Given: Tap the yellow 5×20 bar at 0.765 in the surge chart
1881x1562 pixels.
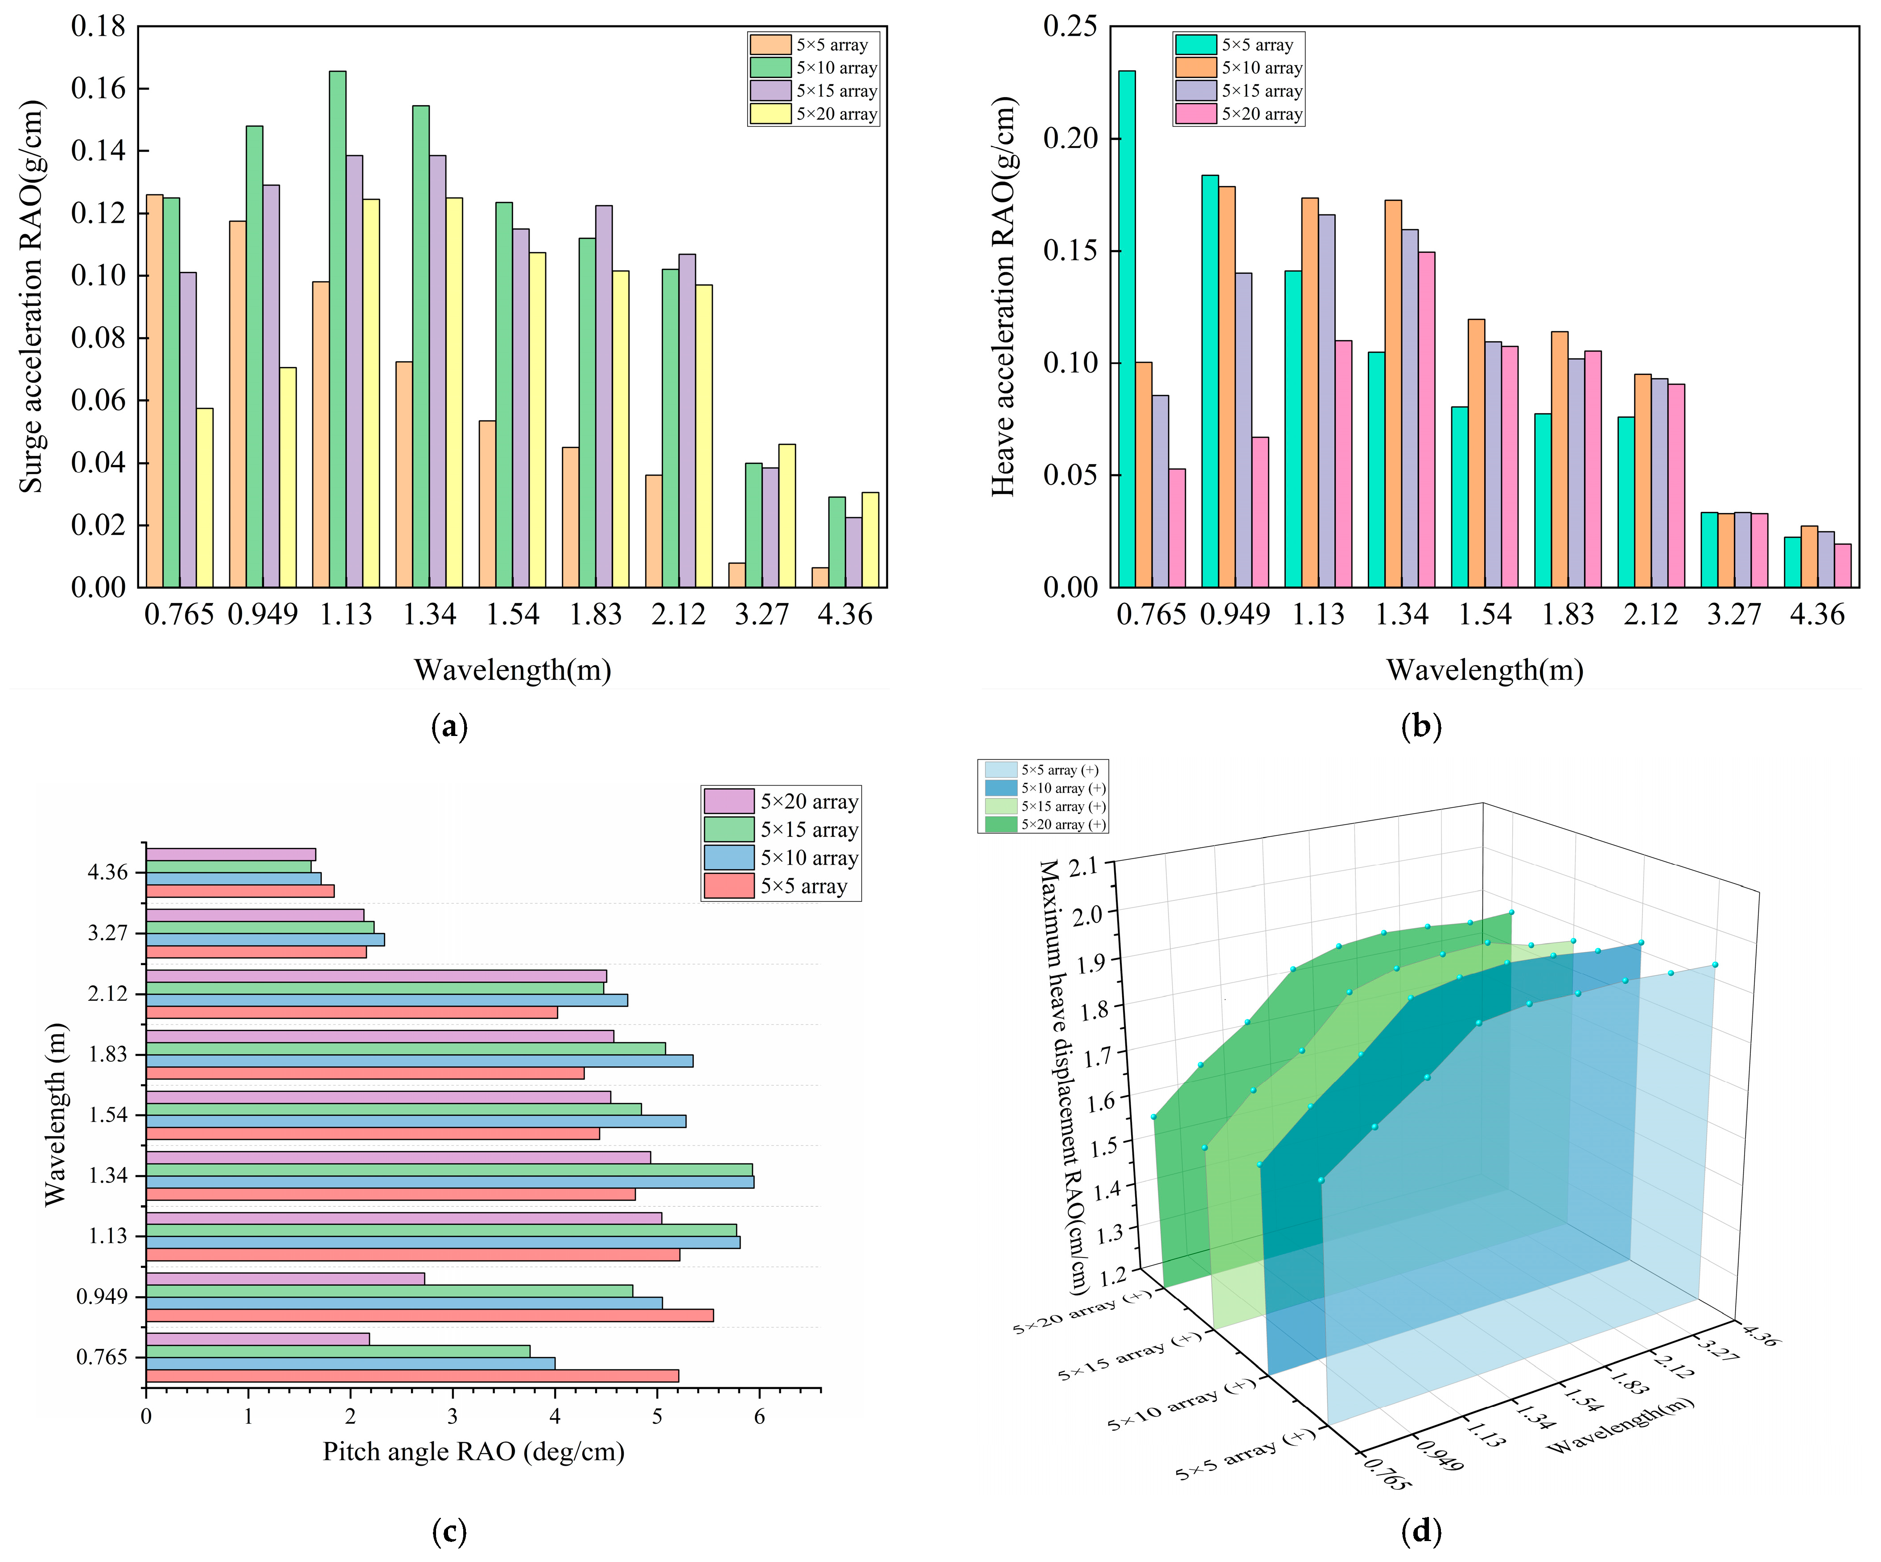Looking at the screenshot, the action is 205,498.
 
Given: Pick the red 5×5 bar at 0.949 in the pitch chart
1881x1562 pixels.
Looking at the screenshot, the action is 430,1315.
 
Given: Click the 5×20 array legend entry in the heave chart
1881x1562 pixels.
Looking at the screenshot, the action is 1239,114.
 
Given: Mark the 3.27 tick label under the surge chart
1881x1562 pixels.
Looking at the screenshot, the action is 761,614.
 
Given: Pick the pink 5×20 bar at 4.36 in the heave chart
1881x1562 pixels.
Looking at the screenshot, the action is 1843,565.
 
